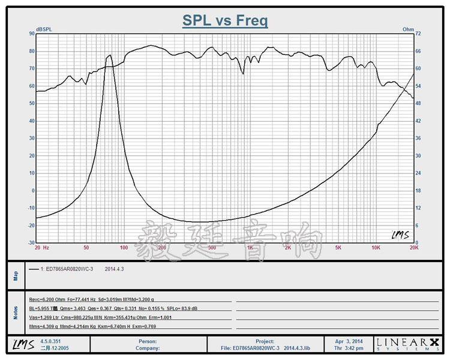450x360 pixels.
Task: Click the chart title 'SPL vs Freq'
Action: tap(225, 21)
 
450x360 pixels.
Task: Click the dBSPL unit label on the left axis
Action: tap(43, 29)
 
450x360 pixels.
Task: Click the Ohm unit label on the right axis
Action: tap(408, 29)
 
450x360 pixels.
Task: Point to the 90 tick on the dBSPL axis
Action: tap(31, 34)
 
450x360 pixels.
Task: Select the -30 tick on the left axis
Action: tap(29, 243)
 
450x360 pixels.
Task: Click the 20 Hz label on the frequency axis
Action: tap(41, 247)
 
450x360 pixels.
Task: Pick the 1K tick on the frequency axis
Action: tap(250, 247)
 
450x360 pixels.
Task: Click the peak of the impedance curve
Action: tap(109, 56)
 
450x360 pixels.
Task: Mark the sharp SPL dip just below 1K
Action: tap(243, 73)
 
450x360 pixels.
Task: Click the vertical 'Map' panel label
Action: tap(16, 275)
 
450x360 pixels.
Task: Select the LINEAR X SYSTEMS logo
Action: tap(409, 344)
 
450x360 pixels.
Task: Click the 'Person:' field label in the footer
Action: tap(148, 341)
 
